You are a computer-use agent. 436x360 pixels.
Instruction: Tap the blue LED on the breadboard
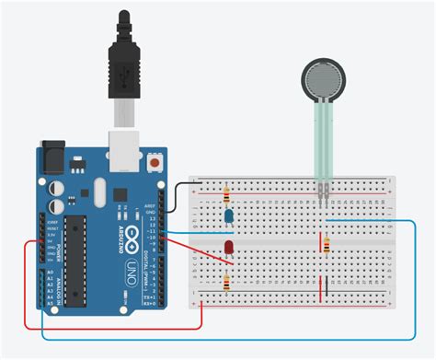[227, 216]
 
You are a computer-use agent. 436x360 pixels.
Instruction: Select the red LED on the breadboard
[226, 249]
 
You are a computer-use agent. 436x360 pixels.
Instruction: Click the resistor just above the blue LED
[226, 194]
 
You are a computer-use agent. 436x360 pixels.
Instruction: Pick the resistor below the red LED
[226, 280]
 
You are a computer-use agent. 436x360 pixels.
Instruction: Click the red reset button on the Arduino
[155, 164]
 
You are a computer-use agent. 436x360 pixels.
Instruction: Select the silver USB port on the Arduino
[121, 147]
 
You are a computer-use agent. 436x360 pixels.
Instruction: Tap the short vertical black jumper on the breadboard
[322, 286]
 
